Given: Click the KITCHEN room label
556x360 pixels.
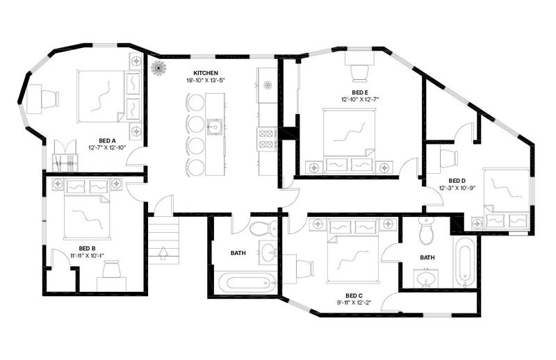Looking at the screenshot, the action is (206, 73).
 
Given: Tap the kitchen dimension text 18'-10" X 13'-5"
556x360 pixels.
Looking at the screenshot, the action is (206, 80).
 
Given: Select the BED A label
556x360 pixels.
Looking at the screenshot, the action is (107, 140).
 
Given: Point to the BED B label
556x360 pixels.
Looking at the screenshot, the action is (88, 248).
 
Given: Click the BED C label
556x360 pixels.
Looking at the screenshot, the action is (354, 295).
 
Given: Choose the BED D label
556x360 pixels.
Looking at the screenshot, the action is (457, 181).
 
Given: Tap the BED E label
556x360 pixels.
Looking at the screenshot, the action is (360, 92).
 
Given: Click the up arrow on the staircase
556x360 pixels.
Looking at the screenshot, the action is (163, 253).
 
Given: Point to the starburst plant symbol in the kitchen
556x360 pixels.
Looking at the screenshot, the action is (159, 67).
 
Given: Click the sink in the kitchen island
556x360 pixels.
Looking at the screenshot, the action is (215, 126).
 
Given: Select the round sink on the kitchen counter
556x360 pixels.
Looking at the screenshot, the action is (268, 85).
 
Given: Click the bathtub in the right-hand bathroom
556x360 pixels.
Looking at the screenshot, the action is (465, 262).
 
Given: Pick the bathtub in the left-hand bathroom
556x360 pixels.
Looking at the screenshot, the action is (245, 283).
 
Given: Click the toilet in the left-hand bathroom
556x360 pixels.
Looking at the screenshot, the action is (264, 229).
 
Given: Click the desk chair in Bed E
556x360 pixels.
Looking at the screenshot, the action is (359, 73).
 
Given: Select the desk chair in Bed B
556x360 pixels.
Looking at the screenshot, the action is (112, 269).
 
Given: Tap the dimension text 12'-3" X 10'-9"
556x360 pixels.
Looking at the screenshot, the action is (457, 188).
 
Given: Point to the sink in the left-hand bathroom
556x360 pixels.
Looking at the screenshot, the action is (269, 252).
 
